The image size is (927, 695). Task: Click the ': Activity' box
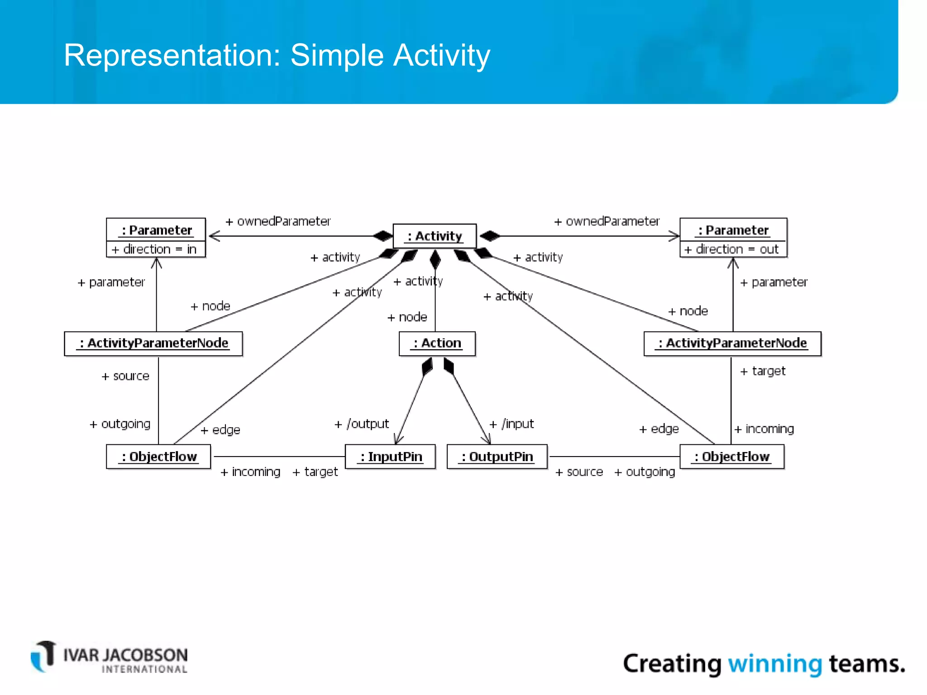pos(435,236)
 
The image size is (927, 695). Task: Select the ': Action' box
pos(437,343)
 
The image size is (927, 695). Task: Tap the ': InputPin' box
pos(390,457)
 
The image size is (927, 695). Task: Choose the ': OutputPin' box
pos(497,457)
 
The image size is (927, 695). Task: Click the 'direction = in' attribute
pos(155,249)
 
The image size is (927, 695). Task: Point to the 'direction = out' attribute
pos(733,249)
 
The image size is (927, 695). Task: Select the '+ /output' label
pos(362,424)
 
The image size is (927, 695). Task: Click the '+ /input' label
pos(512,424)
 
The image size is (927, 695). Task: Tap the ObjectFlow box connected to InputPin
pos(158,457)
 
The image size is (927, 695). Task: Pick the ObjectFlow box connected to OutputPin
pos(732,457)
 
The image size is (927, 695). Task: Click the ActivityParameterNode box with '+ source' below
pos(153,343)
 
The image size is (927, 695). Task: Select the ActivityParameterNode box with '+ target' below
pos(732,343)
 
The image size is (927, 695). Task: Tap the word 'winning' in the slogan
pos(775,664)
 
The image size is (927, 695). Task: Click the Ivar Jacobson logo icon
pos(43,656)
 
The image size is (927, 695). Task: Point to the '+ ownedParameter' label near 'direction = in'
pos(278,221)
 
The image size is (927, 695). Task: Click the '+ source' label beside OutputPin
pos(579,472)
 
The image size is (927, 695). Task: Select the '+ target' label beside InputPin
pos(315,472)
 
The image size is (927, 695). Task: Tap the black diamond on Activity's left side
pos(383,236)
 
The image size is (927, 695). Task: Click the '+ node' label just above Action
pos(407,317)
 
